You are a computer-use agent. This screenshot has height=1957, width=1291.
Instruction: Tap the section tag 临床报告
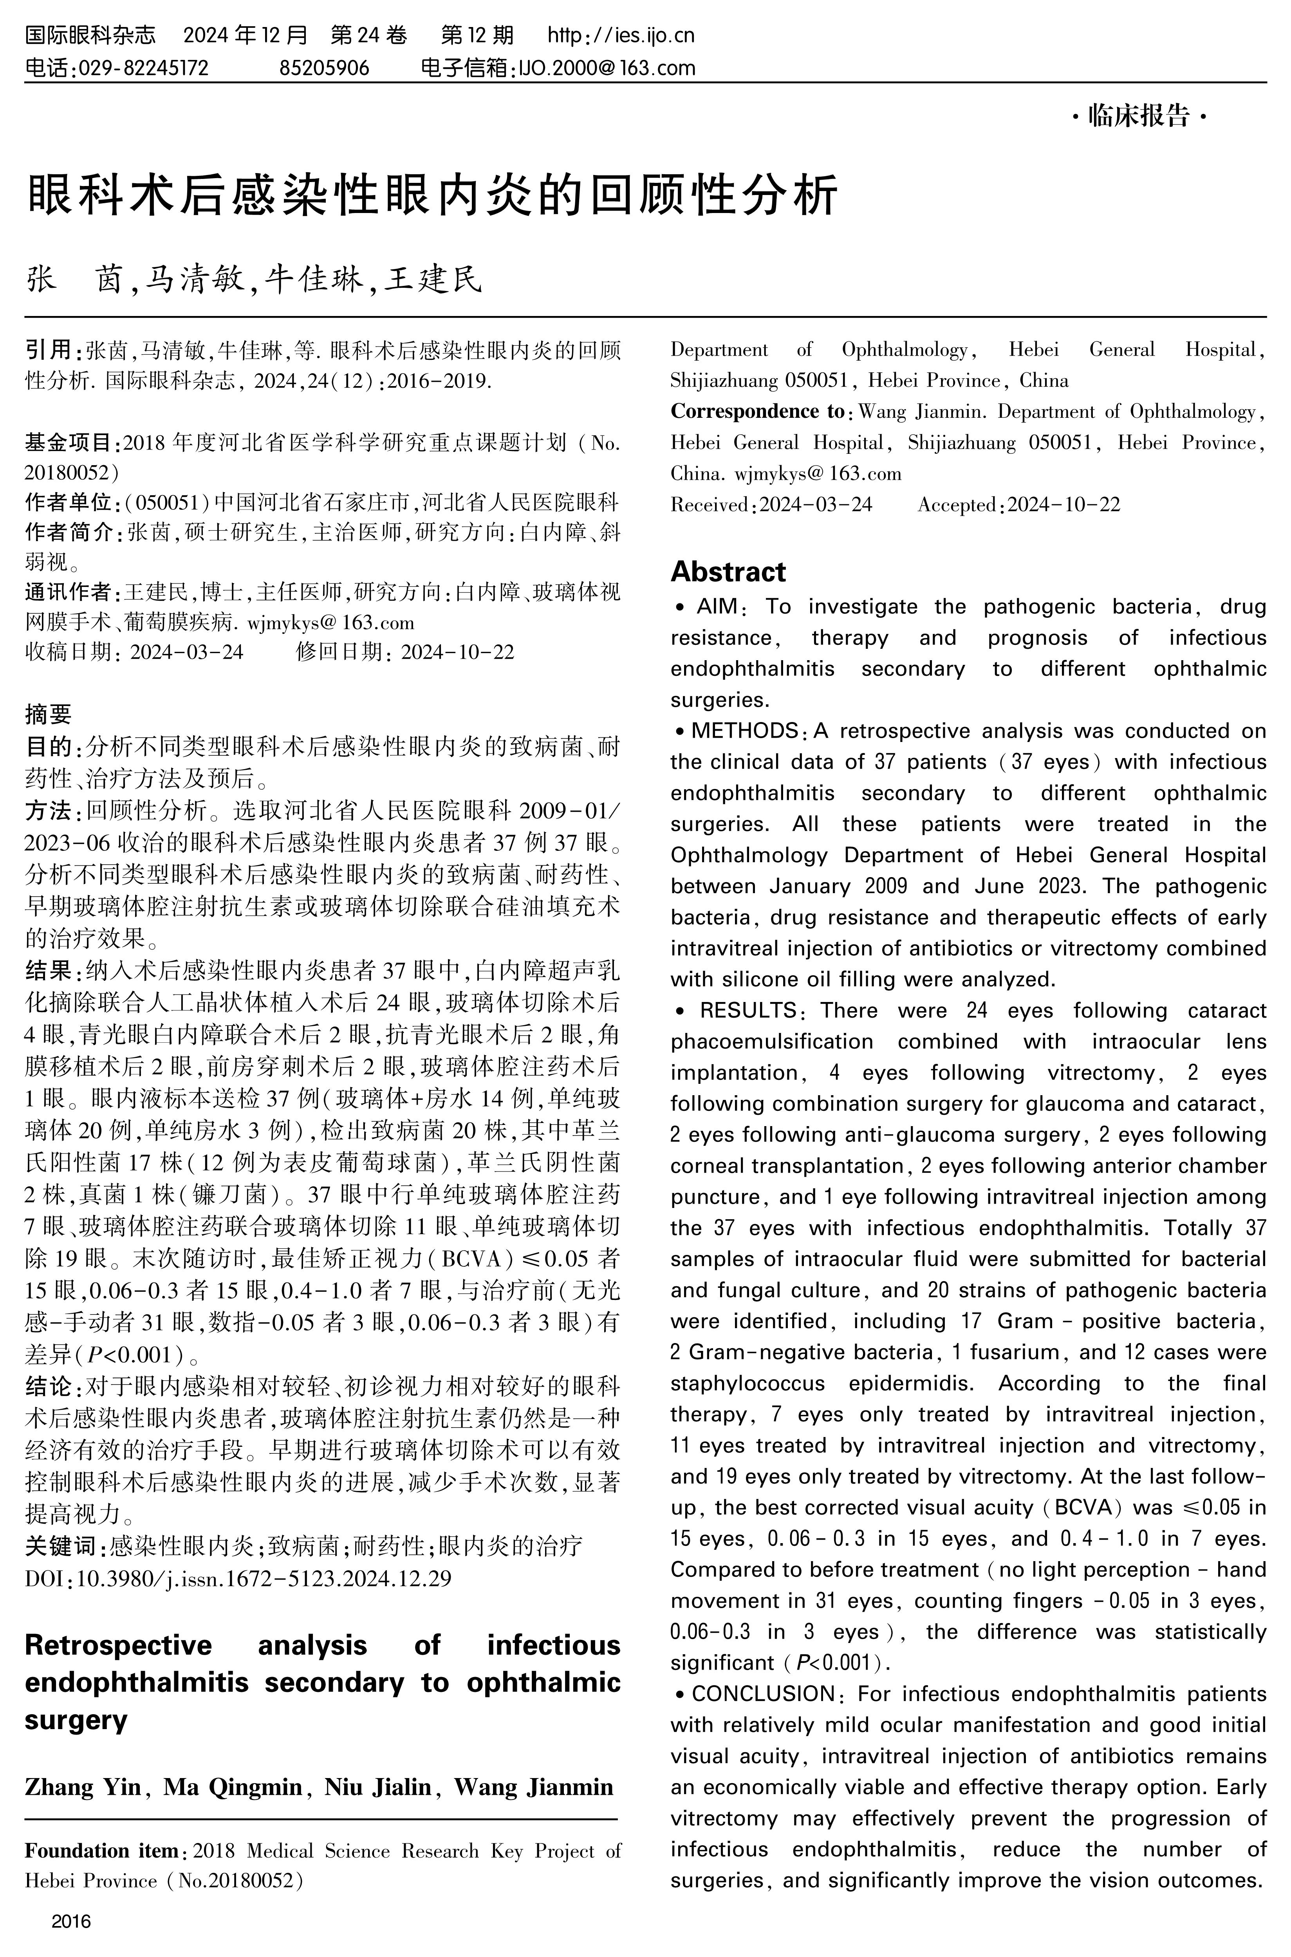(x=1139, y=117)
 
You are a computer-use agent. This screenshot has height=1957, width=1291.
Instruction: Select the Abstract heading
(x=728, y=571)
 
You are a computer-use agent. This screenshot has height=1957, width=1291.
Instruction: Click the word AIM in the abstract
(x=716, y=607)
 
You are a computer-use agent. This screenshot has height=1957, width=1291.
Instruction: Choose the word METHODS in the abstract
(x=744, y=731)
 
